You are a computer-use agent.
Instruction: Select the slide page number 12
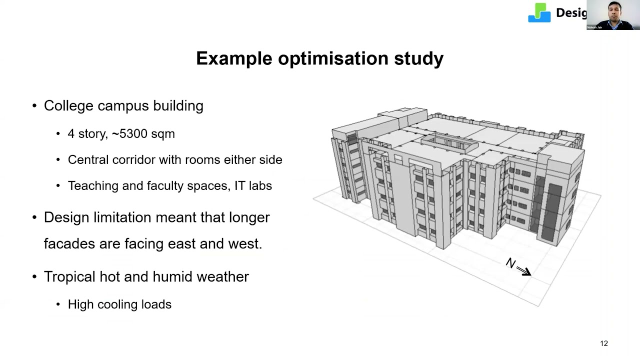603,343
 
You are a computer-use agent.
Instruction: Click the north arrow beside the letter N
523,271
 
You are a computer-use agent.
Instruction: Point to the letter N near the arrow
510,263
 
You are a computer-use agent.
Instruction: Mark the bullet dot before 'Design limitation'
34,217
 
